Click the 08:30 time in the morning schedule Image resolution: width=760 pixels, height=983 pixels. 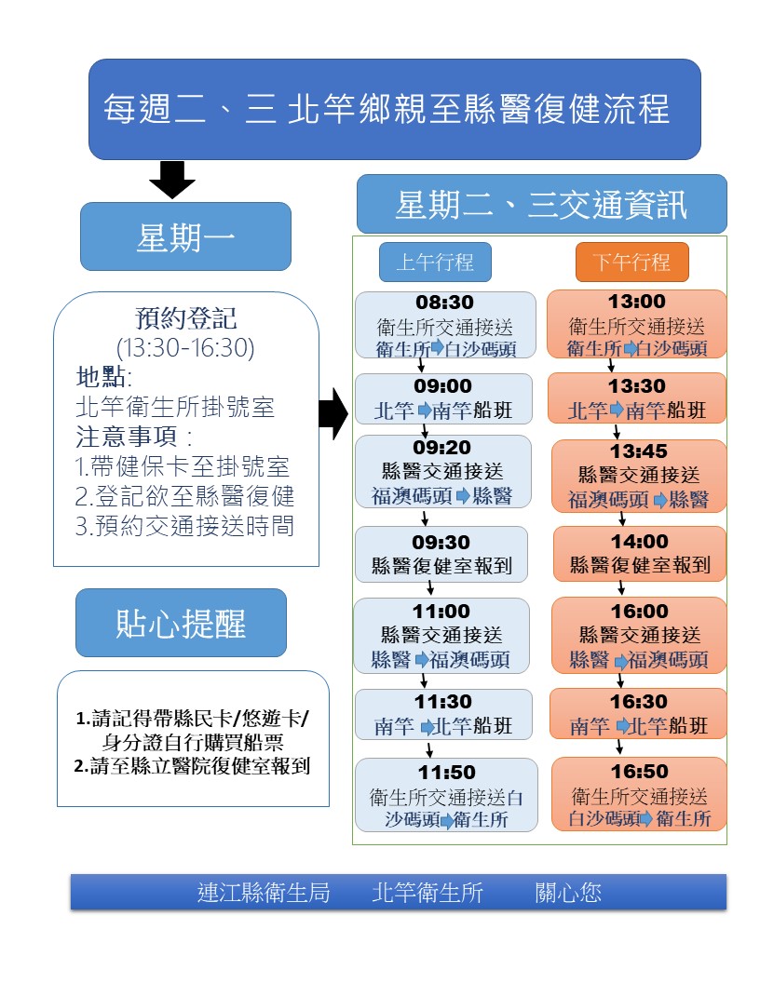[444, 303]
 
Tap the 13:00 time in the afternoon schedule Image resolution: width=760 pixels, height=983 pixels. [636, 302]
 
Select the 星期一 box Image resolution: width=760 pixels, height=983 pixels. [185, 237]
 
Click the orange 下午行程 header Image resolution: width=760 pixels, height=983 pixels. [632, 263]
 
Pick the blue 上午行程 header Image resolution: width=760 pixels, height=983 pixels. [435, 263]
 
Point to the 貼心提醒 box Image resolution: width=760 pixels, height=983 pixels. [182, 623]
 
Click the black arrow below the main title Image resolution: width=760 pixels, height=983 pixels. [171, 180]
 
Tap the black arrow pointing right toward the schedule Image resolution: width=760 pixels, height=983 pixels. [333, 413]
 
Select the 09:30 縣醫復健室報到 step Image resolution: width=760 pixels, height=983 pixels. [441, 554]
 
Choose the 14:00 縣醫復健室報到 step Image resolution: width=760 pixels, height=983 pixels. [640, 554]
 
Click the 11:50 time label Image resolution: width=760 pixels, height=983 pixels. [446, 773]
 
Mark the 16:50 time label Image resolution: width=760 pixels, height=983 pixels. [640, 772]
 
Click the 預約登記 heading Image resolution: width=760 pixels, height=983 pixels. [186, 318]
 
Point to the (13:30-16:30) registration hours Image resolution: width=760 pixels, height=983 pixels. [185, 348]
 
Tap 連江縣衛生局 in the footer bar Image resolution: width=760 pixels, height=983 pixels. [264, 892]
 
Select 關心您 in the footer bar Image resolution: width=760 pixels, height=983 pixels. [568, 892]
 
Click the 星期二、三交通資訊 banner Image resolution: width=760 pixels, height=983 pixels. [542, 205]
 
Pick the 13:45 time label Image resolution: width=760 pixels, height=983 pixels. [639, 451]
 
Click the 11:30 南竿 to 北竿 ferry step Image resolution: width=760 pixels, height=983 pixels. [443, 715]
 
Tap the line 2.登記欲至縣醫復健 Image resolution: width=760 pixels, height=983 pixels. [184, 496]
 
